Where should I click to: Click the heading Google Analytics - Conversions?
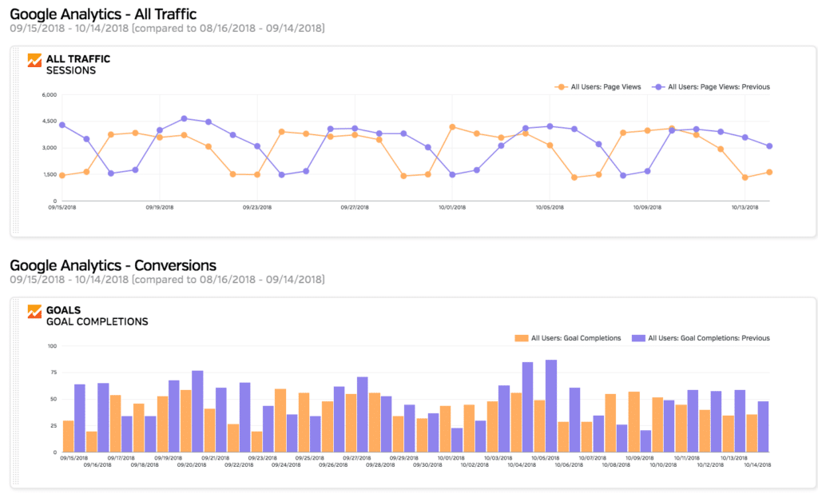point(113,265)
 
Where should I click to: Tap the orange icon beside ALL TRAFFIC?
point(34,60)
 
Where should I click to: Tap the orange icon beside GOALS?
point(34,311)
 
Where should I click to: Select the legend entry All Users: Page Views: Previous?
point(711,86)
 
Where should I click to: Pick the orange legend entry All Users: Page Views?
point(599,86)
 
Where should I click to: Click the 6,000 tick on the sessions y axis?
point(48,95)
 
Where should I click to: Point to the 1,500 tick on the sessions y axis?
point(48,174)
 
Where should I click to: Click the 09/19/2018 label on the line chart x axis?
point(160,207)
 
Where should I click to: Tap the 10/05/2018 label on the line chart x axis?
point(550,207)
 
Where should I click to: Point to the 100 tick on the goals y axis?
point(52,346)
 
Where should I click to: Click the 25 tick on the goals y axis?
point(53,426)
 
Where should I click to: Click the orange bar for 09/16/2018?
point(92,442)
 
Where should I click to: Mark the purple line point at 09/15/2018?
point(62,125)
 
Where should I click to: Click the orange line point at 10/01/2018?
point(452,127)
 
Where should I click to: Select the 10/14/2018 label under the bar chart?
point(758,464)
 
